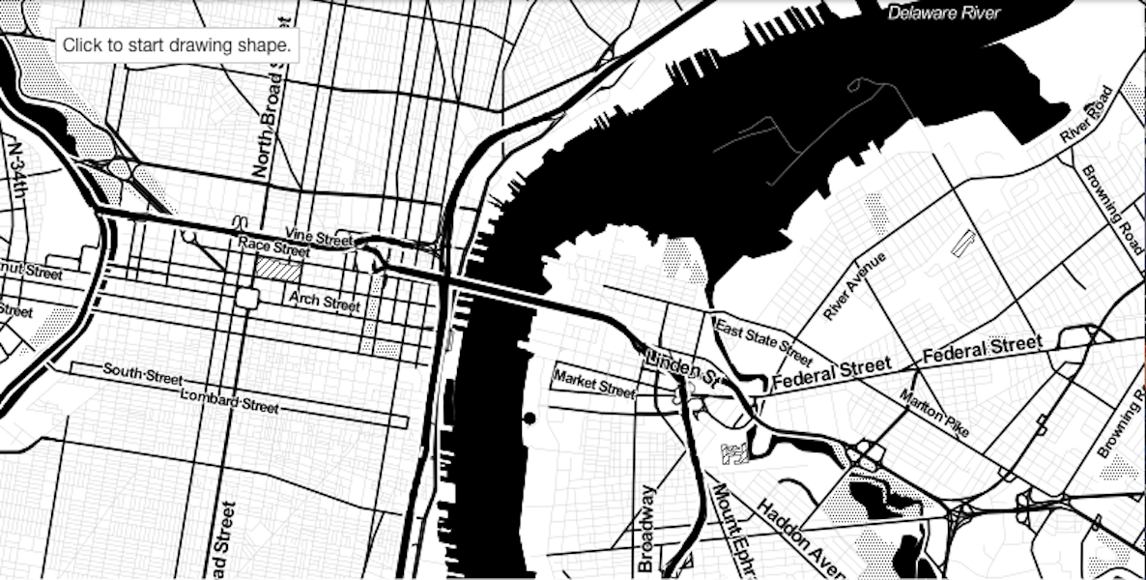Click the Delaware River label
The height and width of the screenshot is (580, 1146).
[944, 13]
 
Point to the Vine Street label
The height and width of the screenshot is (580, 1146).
[319, 235]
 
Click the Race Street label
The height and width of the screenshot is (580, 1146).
[273, 248]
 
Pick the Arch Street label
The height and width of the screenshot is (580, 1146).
[325, 303]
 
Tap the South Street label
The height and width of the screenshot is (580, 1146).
[143, 375]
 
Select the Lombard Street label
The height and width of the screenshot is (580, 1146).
[229, 401]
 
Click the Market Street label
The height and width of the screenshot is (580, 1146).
[594, 384]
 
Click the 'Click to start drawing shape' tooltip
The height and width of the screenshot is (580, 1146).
[177, 45]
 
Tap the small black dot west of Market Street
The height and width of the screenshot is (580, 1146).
[528, 418]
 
